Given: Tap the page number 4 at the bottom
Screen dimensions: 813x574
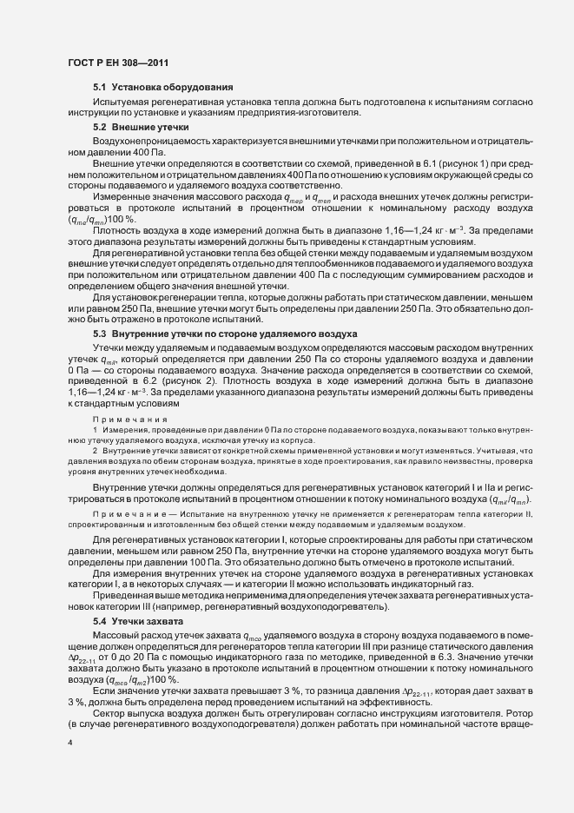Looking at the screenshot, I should pos(70,744).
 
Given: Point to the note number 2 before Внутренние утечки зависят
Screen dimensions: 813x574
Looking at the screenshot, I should pos(95,448).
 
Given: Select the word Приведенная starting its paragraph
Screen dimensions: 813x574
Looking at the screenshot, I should pos(124,597).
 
